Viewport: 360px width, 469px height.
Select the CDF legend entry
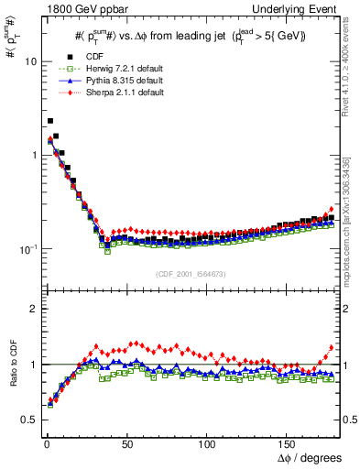point(92,57)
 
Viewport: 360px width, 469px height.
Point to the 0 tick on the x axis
point(45,443)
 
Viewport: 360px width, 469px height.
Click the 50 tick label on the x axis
point(125,443)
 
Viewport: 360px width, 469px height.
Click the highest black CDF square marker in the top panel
point(50,120)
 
